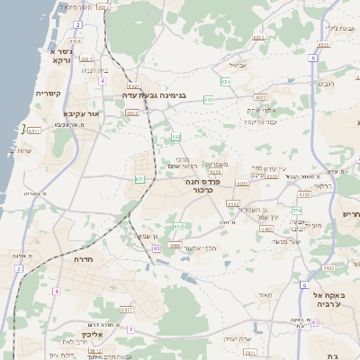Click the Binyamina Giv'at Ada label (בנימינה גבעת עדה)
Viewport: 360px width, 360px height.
[155, 94]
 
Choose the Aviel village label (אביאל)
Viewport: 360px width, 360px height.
[238, 66]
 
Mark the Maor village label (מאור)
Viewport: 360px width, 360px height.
[265, 294]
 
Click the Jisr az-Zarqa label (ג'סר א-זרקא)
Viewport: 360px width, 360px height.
[51, 54]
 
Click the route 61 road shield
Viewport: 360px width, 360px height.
[139, 179]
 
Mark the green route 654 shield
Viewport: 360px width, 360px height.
[227, 82]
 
